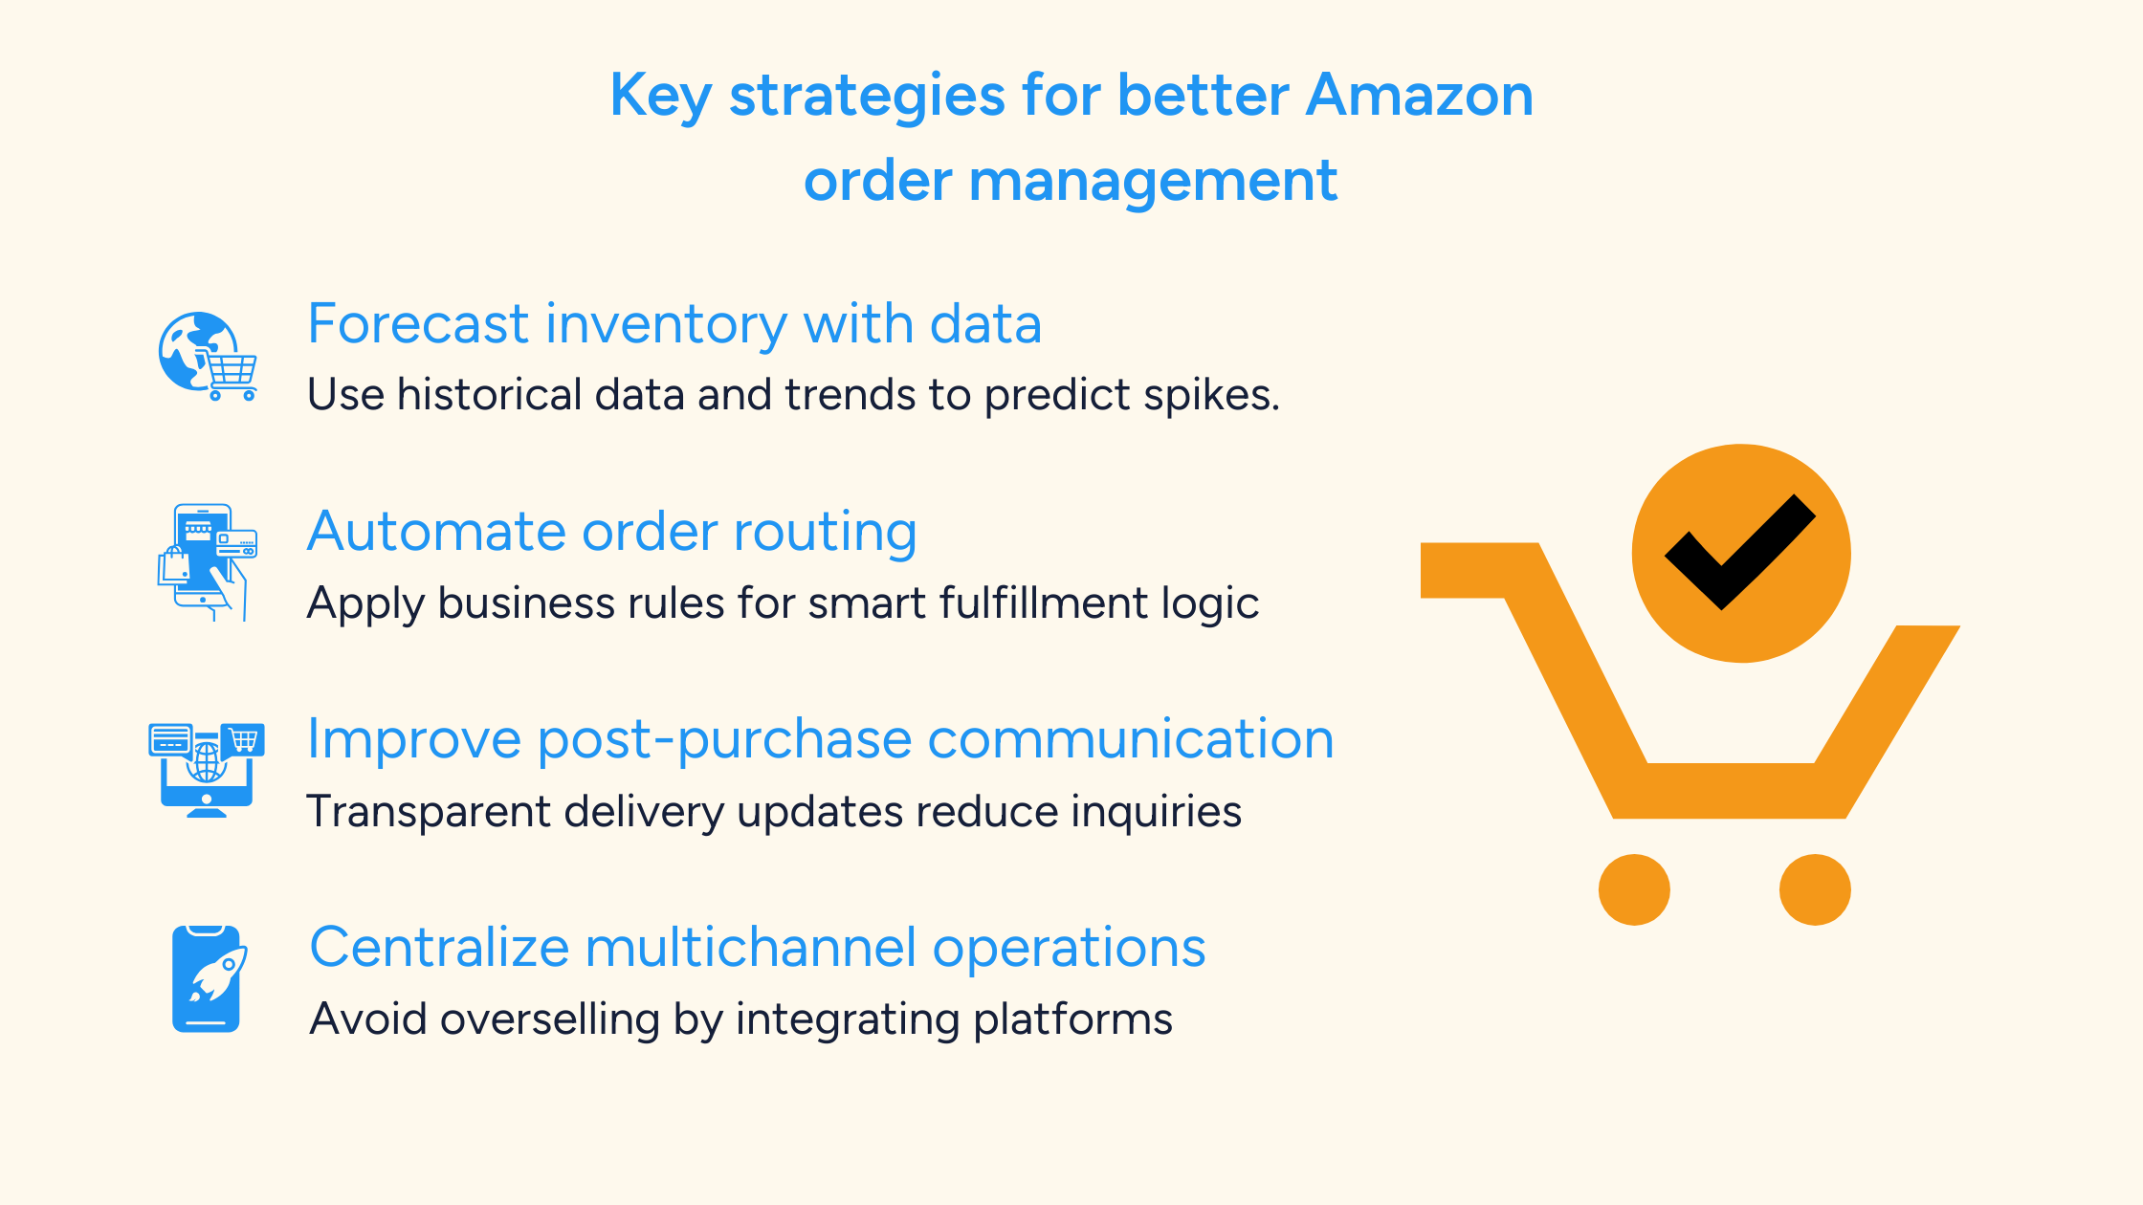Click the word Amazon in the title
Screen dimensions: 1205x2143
(x=1420, y=96)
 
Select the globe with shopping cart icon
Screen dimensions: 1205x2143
(x=207, y=356)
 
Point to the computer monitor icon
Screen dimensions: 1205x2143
(x=207, y=771)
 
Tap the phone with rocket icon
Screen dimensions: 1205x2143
(x=207, y=978)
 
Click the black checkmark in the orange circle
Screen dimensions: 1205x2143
(x=1739, y=553)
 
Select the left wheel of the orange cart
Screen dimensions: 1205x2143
(x=1634, y=889)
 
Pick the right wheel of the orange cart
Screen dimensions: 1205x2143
(x=1815, y=889)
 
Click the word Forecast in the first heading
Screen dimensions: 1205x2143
(x=418, y=324)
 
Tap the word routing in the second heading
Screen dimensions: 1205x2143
(x=826, y=532)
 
